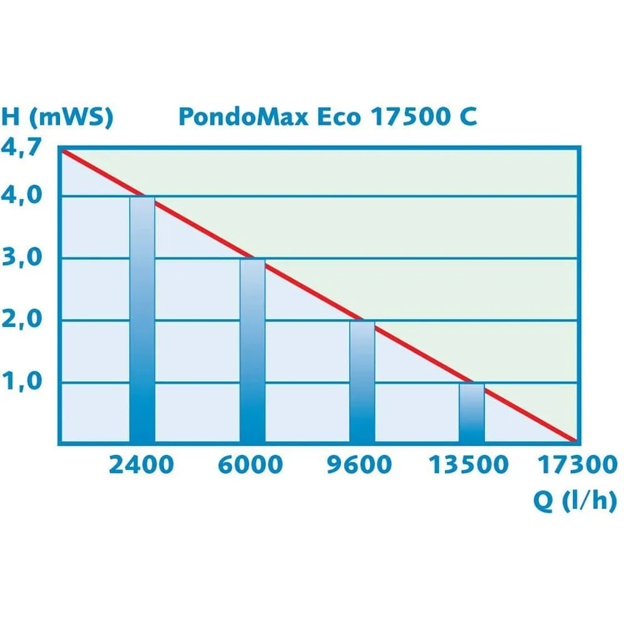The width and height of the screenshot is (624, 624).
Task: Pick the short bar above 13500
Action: pyautogui.click(x=472, y=413)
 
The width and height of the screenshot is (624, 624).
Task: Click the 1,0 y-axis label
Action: pyautogui.click(x=22, y=381)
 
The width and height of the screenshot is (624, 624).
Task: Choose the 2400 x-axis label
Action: pyautogui.click(x=141, y=465)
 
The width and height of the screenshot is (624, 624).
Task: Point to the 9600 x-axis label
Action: pyautogui.click(x=360, y=465)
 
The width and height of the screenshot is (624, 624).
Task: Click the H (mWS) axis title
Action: pyautogui.click(x=57, y=117)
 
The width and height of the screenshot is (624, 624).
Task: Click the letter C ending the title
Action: pyautogui.click(x=469, y=117)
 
